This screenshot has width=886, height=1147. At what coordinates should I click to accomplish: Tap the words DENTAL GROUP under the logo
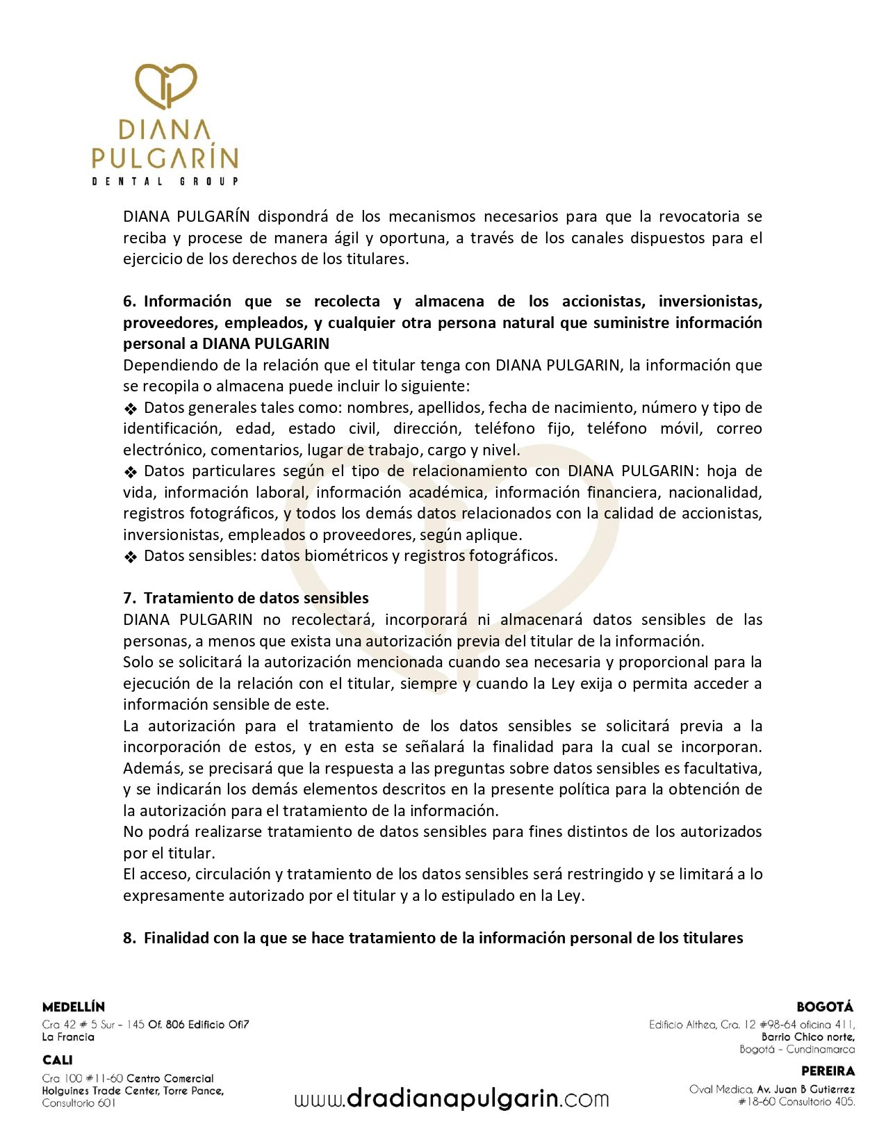165,181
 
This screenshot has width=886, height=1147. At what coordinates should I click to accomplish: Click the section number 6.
130,302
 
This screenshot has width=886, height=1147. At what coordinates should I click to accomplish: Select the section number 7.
130,599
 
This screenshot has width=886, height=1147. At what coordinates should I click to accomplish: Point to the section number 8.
130,938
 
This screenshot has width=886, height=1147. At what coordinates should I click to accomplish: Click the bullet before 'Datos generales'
131,409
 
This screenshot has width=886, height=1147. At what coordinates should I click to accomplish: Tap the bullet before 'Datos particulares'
131,472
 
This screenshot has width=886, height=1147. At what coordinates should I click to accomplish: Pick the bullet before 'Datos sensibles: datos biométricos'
131,557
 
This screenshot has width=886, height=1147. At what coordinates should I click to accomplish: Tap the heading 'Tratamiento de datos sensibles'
256,599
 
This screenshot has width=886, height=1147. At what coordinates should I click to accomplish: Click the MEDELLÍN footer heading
74,1007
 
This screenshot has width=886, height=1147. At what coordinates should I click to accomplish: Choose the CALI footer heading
58,1060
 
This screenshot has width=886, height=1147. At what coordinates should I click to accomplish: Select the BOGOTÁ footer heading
825,1007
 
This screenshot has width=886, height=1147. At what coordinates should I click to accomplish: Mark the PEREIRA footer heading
828,1071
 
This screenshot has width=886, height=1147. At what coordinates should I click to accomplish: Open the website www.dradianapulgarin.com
452,1099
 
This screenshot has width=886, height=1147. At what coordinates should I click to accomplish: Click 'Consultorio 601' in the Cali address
79,1103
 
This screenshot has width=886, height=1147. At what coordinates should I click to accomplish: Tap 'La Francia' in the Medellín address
68,1037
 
